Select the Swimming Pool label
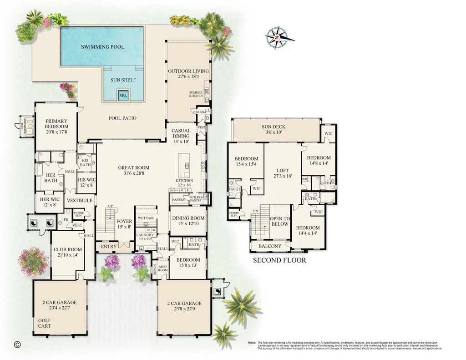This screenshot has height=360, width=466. (x=102, y=47)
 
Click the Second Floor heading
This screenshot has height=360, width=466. (x=279, y=260)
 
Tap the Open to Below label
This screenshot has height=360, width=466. (x=280, y=221)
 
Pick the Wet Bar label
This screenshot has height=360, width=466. (x=145, y=218)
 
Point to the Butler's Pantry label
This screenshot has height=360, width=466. (x=195, y=198)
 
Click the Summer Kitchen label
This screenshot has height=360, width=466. (x=196, y=94)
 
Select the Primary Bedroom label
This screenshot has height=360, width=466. (x=56, y=124)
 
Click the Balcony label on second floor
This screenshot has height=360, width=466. (x=270, y=246)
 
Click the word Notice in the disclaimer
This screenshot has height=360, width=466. (x=252, y=342)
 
